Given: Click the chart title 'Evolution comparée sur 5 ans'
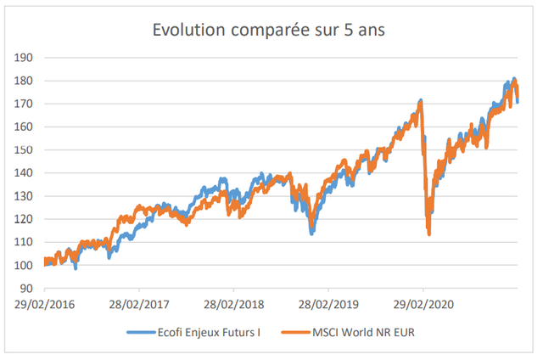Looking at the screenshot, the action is coord(269,31).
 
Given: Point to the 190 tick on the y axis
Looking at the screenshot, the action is coord(23,58).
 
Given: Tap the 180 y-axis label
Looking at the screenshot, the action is coord(23,81).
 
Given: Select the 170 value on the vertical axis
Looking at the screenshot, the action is coord(23,104).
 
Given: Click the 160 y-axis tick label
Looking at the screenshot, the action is coord(23,127).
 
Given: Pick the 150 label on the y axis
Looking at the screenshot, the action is coord(23,149).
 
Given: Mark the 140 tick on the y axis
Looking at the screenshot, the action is coord(23,173).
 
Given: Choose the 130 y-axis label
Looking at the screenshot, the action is coord(23,196).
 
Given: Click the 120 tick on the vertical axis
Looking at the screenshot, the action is coord(23,219).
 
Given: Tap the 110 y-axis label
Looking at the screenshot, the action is coord(23,242).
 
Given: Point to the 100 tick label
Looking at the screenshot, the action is coord(23,266).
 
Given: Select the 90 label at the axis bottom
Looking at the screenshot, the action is coord(26,289).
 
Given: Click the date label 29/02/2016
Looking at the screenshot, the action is coord(44,305).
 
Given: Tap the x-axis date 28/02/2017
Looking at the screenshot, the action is coord(139,305).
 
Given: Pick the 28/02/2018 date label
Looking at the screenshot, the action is coord(234,305).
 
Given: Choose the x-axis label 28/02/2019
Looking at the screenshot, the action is coord(328,305).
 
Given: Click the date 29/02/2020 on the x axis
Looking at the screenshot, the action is coord(423,305).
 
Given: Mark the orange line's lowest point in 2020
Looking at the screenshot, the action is coord(429,234).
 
